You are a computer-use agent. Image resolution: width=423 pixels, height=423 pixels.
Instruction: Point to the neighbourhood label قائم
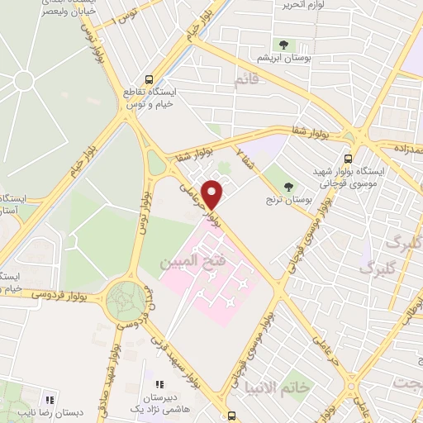pyautogui.click(x=246, y=81)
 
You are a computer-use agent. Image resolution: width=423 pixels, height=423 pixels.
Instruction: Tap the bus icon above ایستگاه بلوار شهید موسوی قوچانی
pyautogui.click(x=348, y=159)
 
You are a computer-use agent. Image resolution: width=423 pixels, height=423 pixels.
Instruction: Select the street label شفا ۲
pyautogui.click(x=240, y=154)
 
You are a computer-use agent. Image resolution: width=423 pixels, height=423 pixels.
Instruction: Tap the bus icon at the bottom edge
pyautogui.click(x=231, y=416)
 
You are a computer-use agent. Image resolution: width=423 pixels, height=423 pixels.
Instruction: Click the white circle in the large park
pyautogui.click(x=22, y=81)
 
